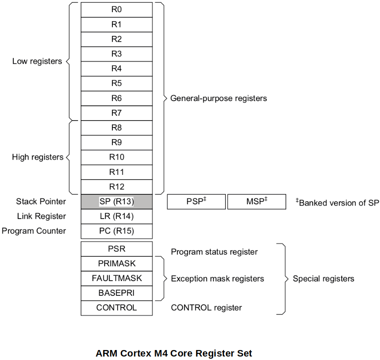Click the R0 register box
116,10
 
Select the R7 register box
116,113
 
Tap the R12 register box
116,187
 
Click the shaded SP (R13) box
116,202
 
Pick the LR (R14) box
116,216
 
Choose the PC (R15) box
116,231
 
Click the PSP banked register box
196,202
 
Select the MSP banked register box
257,202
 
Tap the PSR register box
116,249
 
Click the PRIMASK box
116,263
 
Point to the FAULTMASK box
116,278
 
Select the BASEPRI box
116,293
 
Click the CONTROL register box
116,308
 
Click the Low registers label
37,61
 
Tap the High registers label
37,157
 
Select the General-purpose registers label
218,98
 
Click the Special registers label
323,278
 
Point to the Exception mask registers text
217,278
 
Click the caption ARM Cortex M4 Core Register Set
174,353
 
